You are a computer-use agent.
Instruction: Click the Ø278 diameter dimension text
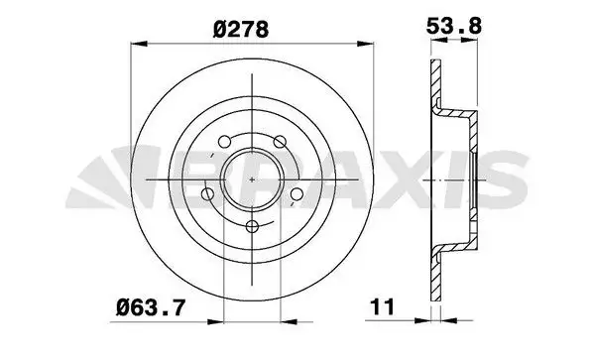(x=241, y=30)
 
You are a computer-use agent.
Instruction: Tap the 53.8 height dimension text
(x=454, y=26)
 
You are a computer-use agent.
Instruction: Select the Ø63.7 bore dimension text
(x=151, y=306)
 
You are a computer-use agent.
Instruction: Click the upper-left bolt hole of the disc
(x=225, y=142)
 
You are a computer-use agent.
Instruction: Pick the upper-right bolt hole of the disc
(x=280, y=142)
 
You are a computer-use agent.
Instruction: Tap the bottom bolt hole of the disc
(x=252, y=227)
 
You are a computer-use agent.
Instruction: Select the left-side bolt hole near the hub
(x=207, y=194)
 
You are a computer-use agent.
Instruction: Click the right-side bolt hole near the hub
(x=297, y=194)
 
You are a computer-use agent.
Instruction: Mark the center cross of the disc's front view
(x=252, y=180)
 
